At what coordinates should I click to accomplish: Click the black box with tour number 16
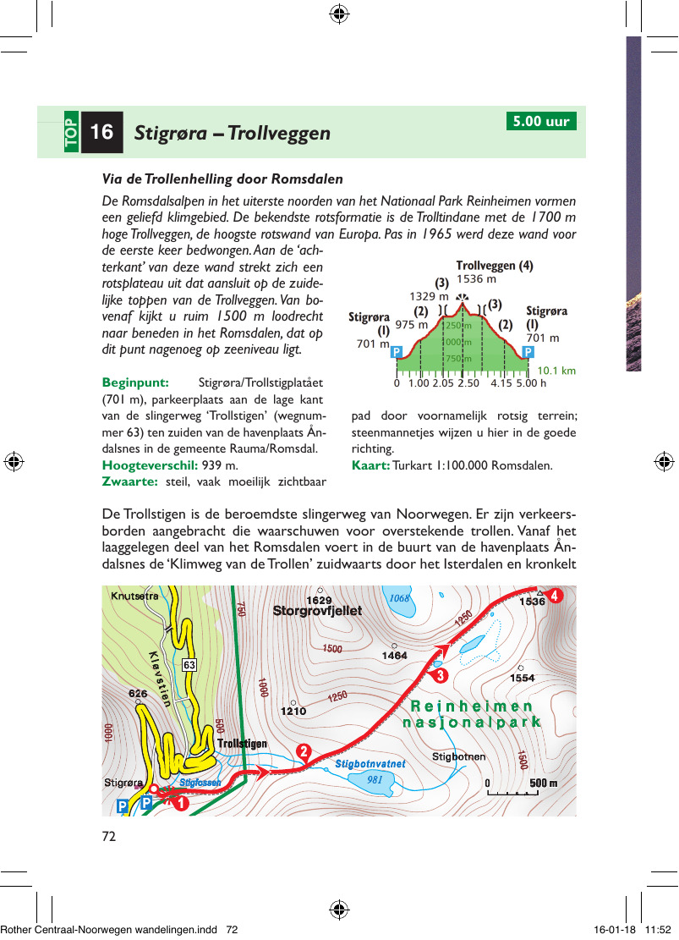(101, 132)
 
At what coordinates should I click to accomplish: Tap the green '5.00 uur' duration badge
(541, 121)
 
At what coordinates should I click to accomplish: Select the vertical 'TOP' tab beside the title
(70, 132)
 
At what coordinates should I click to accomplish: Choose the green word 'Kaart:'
(370, 465)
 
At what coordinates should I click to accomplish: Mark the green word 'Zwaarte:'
(129, 481)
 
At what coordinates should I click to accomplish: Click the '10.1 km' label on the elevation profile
(556, 371)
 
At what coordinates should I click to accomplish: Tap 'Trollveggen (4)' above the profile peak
(495, 266)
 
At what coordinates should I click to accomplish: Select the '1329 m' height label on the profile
(429, 296)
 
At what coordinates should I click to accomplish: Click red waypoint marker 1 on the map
(179, 804)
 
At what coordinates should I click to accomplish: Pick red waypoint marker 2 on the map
(304, 751)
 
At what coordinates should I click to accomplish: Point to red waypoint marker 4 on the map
(554, 595)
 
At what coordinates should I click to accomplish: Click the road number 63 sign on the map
(189, 665)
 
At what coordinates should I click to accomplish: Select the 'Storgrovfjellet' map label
(317, 611)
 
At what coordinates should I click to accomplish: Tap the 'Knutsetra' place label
(134, 596)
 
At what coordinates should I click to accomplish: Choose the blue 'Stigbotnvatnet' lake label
(370, 763)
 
